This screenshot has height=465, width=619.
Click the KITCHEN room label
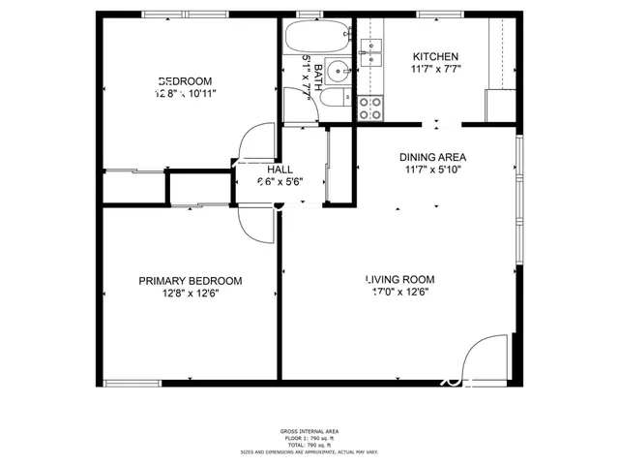click(x=435, y=56)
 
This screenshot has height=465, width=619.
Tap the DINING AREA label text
click(x=432, y=157)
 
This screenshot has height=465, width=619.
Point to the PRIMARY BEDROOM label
click(x=190, y=281)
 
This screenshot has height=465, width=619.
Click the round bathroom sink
click(x=337, y=70)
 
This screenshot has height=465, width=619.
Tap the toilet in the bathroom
click(x=332, y=98)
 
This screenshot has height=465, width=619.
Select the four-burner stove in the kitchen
click(x=368, y=108)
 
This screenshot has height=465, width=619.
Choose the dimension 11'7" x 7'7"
click(x=435, y=70)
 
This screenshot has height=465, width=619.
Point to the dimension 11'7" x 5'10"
click(x=432, y=170)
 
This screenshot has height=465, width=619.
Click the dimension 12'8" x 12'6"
click(x=190, y=294)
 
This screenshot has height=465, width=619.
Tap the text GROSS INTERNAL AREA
click(x=309, y=431)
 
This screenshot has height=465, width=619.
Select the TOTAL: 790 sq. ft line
click(x=309, y=445)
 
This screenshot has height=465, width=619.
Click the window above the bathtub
click(x=309, y=15)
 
